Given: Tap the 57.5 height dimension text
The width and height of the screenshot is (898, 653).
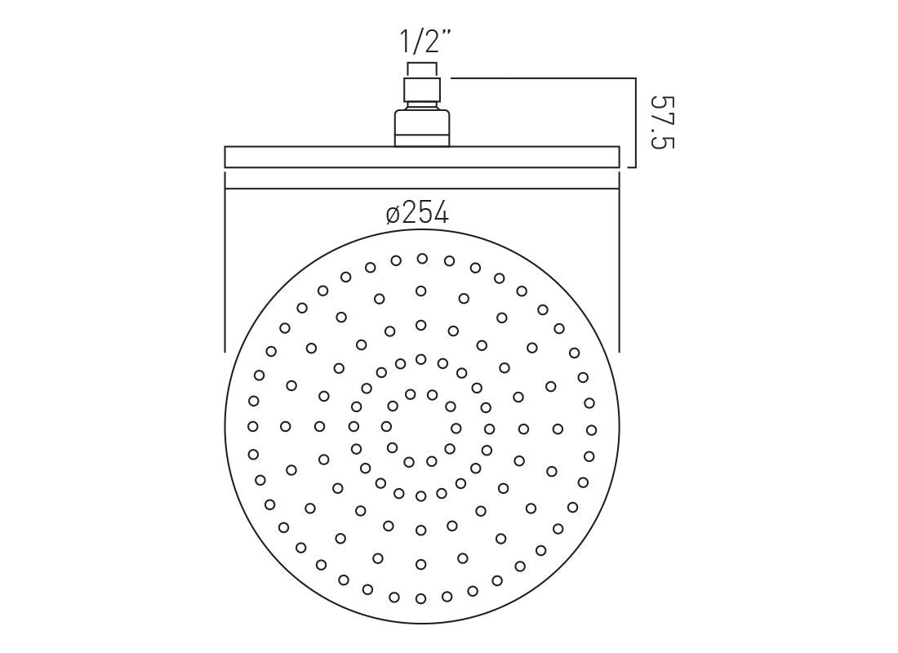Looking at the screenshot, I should pyautogui.click(x=664, y=122).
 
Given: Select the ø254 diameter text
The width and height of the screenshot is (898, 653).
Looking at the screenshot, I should pyautogui.click(x=418, y=214).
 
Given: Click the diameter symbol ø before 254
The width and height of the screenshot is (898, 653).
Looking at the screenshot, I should pyautogui.click(x=393, y=215).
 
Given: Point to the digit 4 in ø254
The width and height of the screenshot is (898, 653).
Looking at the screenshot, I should pyautogui.click(x=441, y=214).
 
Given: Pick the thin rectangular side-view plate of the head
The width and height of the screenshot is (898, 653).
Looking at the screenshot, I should pyautogui.click(x=422, y=157).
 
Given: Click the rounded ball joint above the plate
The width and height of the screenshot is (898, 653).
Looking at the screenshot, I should pyautogui.click(x=422, y=127).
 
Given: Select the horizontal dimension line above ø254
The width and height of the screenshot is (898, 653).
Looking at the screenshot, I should pyautogui.click(x=422, y=189).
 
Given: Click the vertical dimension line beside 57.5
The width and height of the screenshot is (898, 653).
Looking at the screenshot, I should pyautogui.click(x=635, y=122).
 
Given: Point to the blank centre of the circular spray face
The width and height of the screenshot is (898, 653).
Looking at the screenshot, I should pyautogui.click(x=421, y=427).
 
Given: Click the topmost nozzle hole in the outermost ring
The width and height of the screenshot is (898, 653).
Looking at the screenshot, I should pyautogui.click(x=422, y=259).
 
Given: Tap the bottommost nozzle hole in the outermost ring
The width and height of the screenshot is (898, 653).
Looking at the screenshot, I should pyautogui.click(x=420, y=597).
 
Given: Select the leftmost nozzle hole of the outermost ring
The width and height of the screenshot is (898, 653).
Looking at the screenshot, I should pyautogui.click(x=252, y=426).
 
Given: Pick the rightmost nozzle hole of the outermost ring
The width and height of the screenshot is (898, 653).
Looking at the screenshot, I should pyautogui.click(x=591, y=429).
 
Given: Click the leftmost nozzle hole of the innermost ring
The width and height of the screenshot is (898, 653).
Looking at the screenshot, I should pyautogui.click(x=386, y=426).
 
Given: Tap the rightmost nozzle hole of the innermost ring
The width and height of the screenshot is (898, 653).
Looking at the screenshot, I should pyautogui.click(x=456, y=428).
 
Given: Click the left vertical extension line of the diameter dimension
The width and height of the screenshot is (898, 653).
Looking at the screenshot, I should pyautogui.click(x=225, y=261).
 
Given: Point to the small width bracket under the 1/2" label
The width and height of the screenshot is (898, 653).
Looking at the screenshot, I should pyautogui.click(x=422, y=64).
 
